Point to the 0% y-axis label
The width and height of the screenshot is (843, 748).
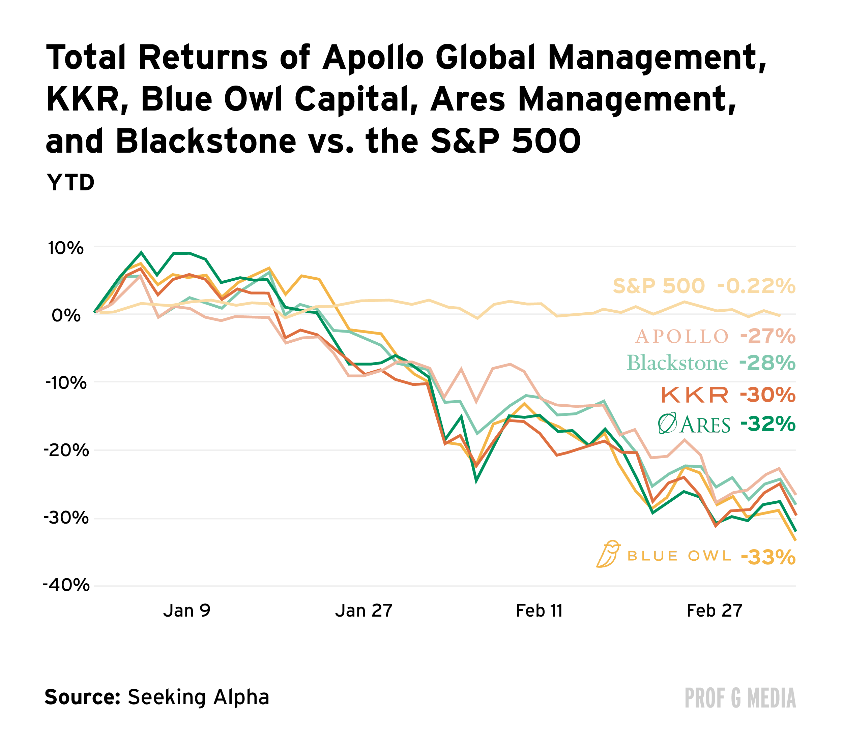[66, 316]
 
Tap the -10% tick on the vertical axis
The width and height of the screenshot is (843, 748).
[66, 383]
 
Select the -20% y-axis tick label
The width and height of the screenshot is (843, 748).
[66, 450]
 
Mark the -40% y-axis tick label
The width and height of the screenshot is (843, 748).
[66, 585]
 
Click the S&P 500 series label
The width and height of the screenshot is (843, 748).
[659, 286]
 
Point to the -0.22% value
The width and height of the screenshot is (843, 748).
[756, 286]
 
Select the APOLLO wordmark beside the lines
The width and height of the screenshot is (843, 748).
[682, 337]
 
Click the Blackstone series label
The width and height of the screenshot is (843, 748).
[677, 364]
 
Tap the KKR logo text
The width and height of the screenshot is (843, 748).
[695, 396]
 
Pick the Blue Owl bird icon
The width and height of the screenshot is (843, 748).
[608, 554]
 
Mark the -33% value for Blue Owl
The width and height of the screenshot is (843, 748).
[768, 558]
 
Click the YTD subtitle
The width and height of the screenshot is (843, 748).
[70, 183]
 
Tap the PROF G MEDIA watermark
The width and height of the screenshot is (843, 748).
[740, 698]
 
